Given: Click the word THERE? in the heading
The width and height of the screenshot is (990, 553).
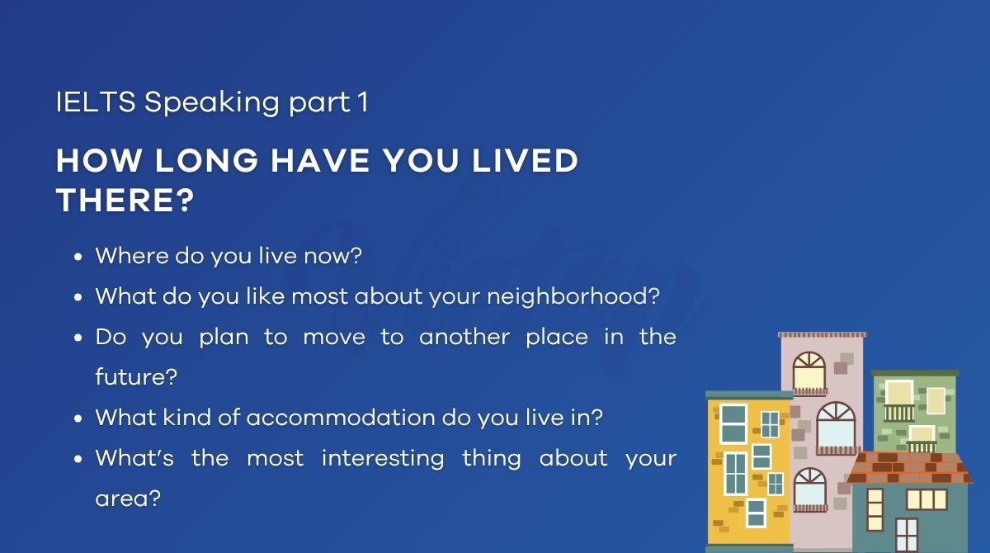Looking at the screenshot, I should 124,201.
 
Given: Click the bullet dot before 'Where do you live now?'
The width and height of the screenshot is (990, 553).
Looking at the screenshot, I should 78,257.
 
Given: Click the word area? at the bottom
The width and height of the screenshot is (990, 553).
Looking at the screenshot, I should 127,499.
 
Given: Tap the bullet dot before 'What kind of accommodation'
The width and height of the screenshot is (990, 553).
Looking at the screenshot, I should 78,418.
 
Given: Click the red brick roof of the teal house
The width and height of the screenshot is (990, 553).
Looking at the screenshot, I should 908,468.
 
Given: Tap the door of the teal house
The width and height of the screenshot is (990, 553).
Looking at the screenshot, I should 906,534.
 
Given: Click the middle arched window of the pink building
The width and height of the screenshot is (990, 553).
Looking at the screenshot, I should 836,424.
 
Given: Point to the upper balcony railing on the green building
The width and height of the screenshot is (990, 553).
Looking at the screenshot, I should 899,412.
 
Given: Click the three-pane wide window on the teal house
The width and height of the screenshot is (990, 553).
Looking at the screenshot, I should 926,499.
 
